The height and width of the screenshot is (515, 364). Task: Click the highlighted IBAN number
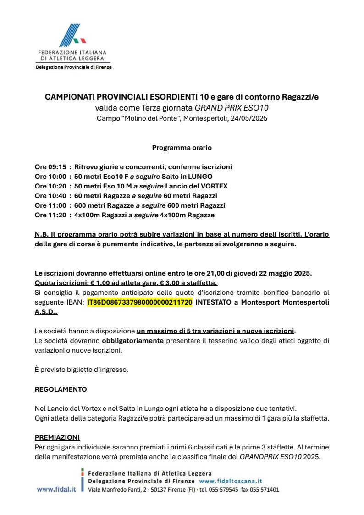tap(139, 303)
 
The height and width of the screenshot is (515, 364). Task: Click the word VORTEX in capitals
tap(215, 186)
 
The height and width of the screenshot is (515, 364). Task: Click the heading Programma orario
tap(182, 148)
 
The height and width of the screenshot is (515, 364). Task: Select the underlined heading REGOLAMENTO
tap(61, 389)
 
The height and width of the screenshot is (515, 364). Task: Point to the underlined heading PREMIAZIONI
tap(57, 437)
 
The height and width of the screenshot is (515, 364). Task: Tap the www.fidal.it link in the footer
tap(56, 489)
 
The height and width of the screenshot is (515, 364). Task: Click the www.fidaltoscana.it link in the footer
tap(231, 481)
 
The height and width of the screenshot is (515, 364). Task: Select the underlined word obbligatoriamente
tap(132, 341)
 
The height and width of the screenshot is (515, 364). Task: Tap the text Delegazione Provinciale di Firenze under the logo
tap(73, 67)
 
